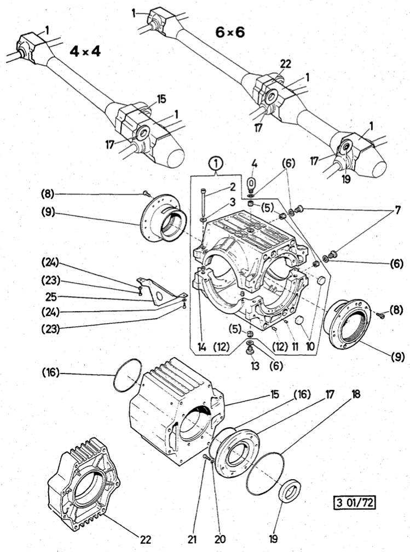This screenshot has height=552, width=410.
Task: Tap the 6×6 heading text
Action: pos(230,32)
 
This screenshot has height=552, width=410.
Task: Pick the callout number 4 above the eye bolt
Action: pos(254,163)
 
